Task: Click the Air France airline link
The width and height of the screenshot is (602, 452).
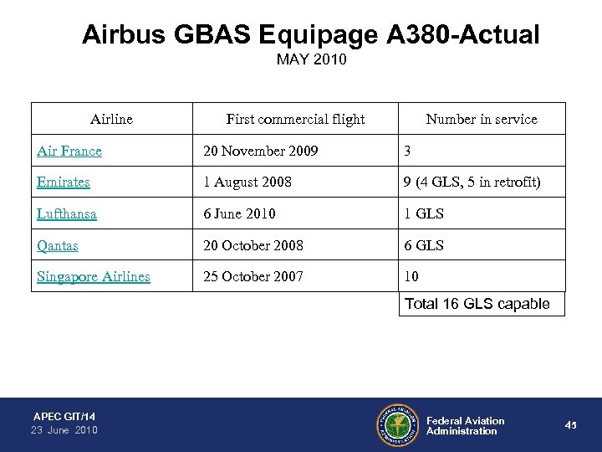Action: (69, 152)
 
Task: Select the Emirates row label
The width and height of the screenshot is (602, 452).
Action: (64, 182)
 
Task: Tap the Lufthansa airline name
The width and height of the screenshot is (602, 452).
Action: (67, 213)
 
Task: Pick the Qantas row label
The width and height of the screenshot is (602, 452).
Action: (59, 245)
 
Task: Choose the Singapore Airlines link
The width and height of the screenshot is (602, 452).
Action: (94, 276)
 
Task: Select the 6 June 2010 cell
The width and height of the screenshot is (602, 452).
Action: (243, 213)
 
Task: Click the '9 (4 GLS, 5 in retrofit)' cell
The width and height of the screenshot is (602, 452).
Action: (473, 182)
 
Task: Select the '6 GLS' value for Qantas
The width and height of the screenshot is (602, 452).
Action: (424, 245)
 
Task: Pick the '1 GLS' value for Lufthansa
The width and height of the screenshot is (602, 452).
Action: (424, 213)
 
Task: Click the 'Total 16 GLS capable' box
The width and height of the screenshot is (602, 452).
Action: (477, 304)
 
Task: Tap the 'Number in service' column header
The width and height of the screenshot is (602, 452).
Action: (482, 119)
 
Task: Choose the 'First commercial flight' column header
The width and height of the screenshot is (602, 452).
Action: (295, 119)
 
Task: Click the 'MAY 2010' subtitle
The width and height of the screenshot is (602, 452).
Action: (310, 61)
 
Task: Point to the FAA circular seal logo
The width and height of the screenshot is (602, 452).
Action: (397, 425)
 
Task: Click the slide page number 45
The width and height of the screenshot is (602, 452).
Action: (571, 425)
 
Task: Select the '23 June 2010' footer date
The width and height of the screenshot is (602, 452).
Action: (64, 430)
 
